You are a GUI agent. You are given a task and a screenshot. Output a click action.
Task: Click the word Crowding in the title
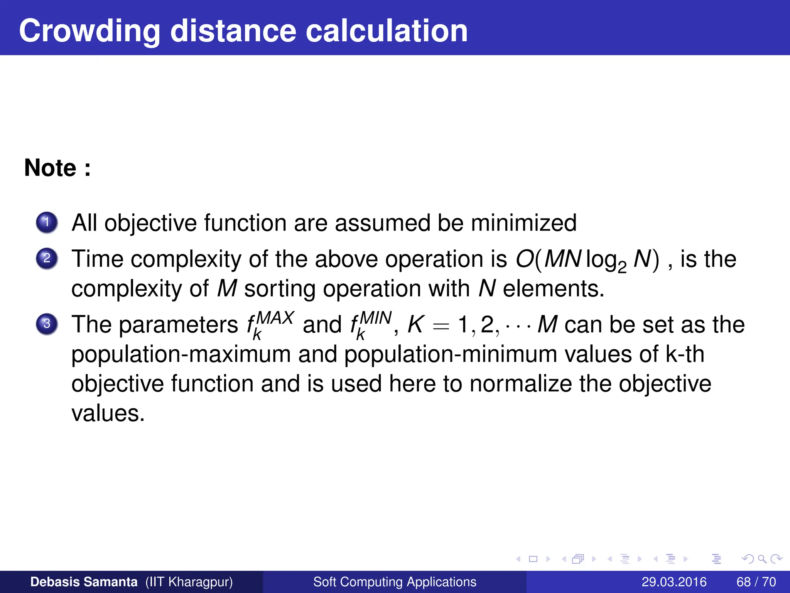(89, 31)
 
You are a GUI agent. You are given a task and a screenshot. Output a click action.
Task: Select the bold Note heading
(57, 168)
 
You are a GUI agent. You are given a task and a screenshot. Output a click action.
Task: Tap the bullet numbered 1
(47, 222)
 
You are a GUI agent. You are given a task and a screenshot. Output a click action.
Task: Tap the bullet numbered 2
(47, 258)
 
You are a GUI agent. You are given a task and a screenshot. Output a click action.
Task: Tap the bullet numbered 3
(47, 324)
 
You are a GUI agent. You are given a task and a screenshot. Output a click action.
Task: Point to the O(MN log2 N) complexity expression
(587, 259)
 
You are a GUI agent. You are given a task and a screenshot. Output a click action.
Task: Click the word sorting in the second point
(280, 289)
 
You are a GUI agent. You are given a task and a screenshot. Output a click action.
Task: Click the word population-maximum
(181, 354)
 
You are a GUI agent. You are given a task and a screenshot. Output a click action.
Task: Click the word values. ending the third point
(108, 413)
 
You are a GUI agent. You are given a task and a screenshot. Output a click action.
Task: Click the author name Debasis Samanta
(84, 582)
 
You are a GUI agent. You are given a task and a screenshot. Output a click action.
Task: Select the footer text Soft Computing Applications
(395, 582)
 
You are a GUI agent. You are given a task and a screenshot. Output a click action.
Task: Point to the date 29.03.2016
(674, 582)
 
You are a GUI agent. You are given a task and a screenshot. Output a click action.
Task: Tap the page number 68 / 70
(756, 582)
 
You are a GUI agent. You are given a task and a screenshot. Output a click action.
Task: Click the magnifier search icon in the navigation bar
(762, 559)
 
